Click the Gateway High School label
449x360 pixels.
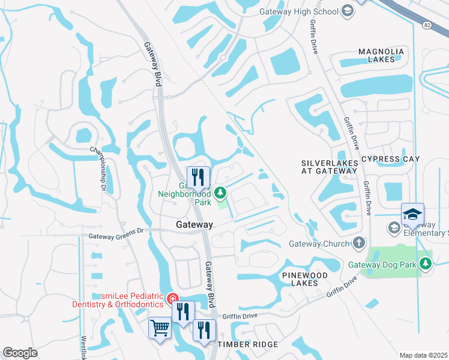coord(299,11)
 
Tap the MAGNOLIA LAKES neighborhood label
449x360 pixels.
coord(385,55)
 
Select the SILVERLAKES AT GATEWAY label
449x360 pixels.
coord(329,167)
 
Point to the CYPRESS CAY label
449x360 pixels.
coord(390,159)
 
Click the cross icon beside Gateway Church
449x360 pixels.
coord(359,243)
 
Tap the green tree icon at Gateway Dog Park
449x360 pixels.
coord(426,263)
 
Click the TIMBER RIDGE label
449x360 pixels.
coord(247,344)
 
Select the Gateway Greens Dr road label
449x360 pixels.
coord(116,236)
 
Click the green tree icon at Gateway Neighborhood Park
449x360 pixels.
coord(220,193)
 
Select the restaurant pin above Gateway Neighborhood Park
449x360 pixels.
coord(198,176)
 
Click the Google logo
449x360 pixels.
coord(20,352)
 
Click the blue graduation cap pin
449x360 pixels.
coord(412,214)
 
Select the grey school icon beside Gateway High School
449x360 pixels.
coord(347,11)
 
